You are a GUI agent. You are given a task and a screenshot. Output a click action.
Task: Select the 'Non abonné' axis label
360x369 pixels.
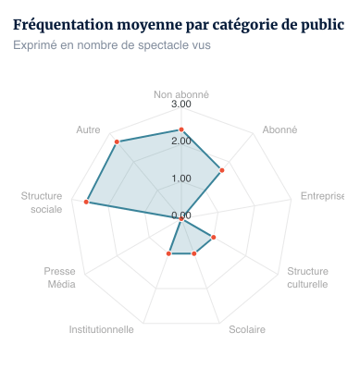tap(181, 94)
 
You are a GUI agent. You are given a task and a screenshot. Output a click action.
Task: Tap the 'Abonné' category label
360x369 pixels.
tap(279, 130)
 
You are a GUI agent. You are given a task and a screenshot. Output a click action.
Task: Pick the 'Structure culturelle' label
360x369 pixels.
tap(307, 277)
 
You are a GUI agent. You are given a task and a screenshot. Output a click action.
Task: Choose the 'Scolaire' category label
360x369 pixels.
tap(247, 329)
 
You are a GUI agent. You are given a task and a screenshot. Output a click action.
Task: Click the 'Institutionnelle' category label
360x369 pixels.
tap(102, 329)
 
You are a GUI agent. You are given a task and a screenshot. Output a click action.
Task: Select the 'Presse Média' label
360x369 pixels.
tap(61, 277)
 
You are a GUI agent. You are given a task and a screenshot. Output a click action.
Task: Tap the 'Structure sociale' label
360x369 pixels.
tap(42, 203)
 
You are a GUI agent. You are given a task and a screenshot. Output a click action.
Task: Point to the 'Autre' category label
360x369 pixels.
tap(89, 130)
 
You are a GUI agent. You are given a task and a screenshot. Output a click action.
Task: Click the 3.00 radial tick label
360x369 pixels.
tap(181, 105)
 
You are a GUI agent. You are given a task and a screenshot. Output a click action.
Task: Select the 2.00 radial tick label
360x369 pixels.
tap(181, 141)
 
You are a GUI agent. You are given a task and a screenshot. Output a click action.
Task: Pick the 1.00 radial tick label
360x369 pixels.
tap(181, 178)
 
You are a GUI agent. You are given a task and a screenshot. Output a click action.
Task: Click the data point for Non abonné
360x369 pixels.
tap(181, 130)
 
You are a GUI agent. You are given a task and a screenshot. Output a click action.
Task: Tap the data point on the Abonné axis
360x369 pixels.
tap(222, 169)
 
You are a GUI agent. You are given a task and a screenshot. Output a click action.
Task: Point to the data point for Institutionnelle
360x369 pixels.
tap(169, 252)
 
